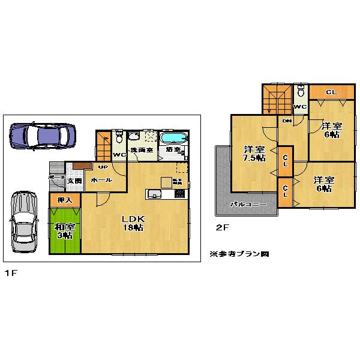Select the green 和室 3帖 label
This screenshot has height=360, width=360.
pyautogui.click(x=64, y=231)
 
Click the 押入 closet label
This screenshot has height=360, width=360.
pyautogui.click(x=64, y=199)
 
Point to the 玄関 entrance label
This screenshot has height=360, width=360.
pyautogui.click(x=74, y=181)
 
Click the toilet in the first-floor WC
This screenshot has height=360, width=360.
pyautogui.click(x=118, y=137)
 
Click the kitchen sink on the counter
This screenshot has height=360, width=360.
pyautogui.click(x=153, y=194)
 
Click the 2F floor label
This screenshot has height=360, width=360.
pyautogui.click(x=223, y=227)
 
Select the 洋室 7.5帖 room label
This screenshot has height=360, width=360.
pyautogui.click(x=253, y=154)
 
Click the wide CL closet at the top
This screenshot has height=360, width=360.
pyautogui.click(x=331, y=92)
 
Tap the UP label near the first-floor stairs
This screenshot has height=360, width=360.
pyautogui.click(x=102, y=167)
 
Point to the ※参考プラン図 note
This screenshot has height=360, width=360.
pyautogui.click(x=239, y=254)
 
